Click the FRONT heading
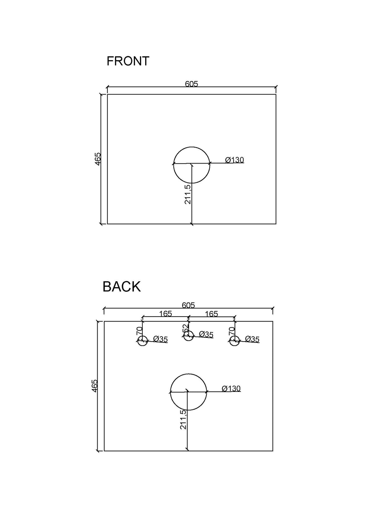tap(128, 61)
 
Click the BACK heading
tap(122, 287)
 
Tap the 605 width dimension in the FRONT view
tap(192, 84)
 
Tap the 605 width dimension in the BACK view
tap(188, 305)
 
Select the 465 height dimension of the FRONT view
tap(98, 159)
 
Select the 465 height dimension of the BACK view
tap(95, 386)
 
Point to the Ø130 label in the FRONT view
tap(234, 160)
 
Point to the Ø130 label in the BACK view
tap(231, 389)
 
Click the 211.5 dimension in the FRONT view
tap(188, 194)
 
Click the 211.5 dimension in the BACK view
tap(183, 419)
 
